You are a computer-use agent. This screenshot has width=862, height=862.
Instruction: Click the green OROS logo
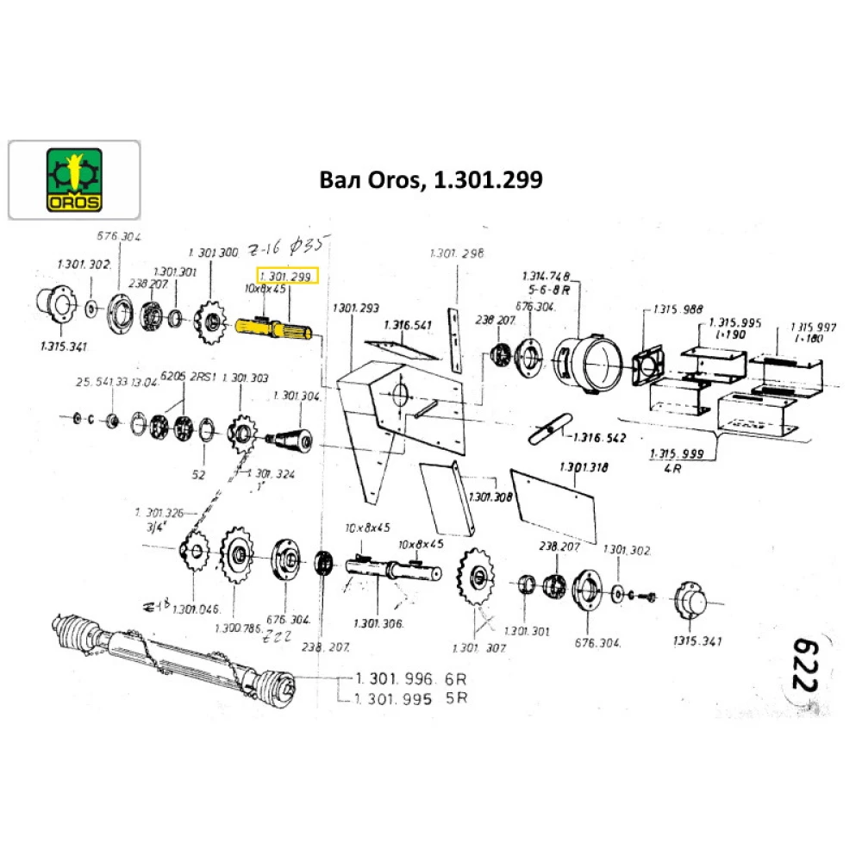pyautogui.click(x=73, y=180)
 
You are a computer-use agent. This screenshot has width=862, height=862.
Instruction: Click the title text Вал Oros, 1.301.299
pyautogui.click(x=430, y=180)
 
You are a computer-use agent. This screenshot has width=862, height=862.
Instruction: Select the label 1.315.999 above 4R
pyautogui.click(x=677, y=453)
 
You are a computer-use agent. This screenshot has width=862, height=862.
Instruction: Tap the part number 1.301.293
pyautogui.click(x=354, y=309)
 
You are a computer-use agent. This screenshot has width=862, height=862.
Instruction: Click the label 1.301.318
pyautogui.click(x=584, y=466)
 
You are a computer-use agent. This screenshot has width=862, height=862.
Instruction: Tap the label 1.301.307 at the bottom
pyautogui.click(x=478, y=647)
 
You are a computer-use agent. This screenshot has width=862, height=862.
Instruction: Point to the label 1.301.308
pyautogui.click(x=490, y=497)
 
